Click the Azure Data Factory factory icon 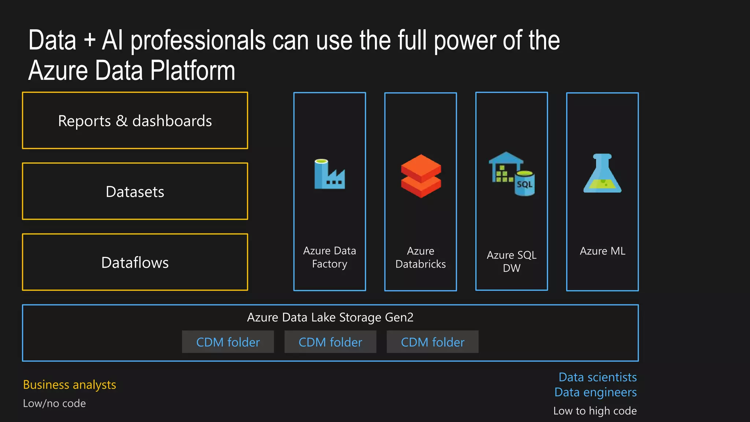[x=329, y=174]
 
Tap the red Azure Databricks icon [x=421, y=176]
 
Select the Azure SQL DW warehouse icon [x=511, y=174]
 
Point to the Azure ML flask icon [x=602, y=174]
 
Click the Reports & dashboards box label [x=135, y=121]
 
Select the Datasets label [x=135, y=192]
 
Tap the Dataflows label [x=135, y=263]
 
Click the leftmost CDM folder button [x=228, y=342]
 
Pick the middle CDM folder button [x=330, y=342]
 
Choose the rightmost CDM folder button [x=432, y=342]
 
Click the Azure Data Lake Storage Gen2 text [x=330, y=317]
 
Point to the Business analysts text [x=70, y=385]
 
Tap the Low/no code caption [x=54, y=403]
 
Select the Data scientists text [x=597, y=377]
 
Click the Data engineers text [x=595, y=392]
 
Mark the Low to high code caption [x=595, y=411]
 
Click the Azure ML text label [x=602, y=251]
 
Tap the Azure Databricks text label [x=420, y=258]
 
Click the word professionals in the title [x=198, y=41]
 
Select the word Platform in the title [x=193, y=71]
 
